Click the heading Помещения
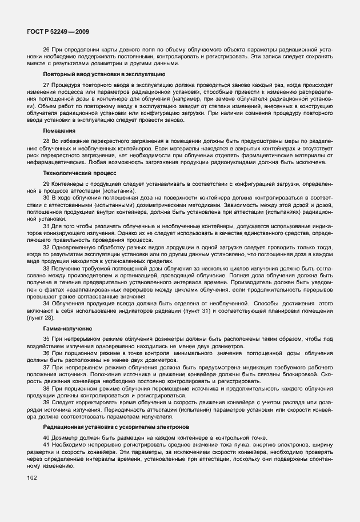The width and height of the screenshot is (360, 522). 59,130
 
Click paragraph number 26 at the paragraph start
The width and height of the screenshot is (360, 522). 47,50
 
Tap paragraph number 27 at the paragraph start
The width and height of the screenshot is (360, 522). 47,84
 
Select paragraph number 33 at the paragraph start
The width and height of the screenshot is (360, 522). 47,268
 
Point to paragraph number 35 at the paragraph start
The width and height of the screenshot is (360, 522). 47,339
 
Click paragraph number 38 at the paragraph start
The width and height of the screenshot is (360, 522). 47,388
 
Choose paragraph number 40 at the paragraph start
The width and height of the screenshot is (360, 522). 47,437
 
